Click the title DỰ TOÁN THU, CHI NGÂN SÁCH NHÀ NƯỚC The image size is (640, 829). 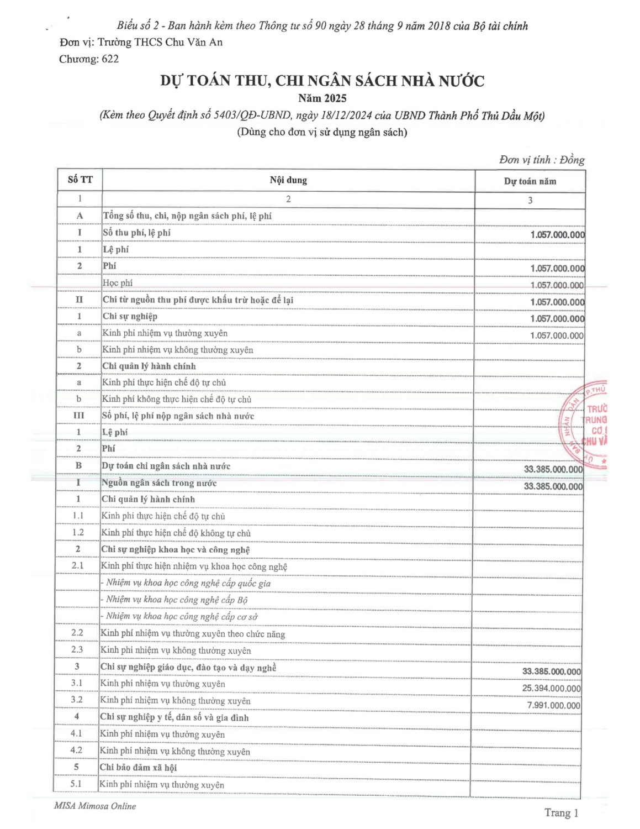[322, 81]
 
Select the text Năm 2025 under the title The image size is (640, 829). [322, 98]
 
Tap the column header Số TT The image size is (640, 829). [80, 179]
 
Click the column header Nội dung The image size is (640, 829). [288, 180]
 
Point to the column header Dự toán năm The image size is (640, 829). [530, 181]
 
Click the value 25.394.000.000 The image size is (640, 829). [551, 689]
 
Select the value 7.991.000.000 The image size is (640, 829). [553, 706]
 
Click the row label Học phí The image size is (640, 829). [118, 283]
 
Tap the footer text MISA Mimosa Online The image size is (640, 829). [94, 806]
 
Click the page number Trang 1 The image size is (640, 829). [561, 812]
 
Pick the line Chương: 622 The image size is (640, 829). [89, 59]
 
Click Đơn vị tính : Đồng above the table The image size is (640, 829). [541, 160]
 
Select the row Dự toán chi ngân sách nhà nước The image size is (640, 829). [166, 466]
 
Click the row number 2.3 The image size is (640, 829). [77, 649]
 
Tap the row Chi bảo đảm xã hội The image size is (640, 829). [138, 768]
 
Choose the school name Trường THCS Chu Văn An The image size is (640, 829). [160, 42]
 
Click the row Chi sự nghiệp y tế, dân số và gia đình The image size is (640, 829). [174, 717]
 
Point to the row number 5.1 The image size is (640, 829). [76, 784]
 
